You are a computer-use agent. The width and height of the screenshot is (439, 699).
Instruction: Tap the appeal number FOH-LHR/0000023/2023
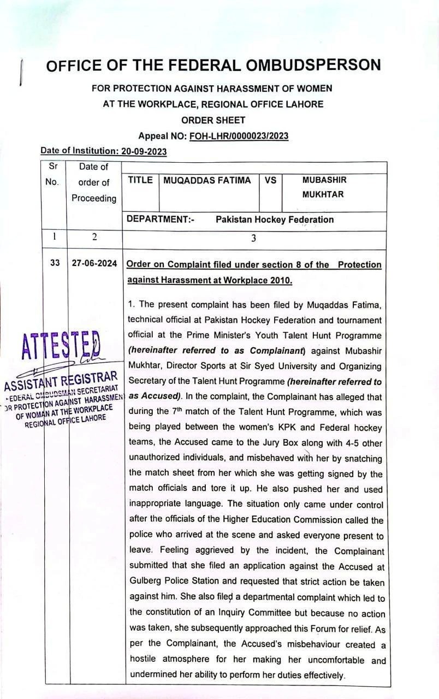[x=239, y=136]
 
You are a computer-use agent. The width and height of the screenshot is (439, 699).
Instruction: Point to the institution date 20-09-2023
[x=143, y=151]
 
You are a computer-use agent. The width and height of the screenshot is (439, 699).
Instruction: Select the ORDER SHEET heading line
[x=213, y=120]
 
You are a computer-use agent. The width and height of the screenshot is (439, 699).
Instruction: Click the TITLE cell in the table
[x=140, y=180]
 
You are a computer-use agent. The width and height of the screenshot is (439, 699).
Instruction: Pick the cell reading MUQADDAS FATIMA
[x=207, y=180]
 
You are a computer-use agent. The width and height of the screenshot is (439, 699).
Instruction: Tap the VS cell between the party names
[x=270, y=180]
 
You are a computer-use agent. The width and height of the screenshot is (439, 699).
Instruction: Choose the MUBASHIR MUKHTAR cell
[x=324, y=187]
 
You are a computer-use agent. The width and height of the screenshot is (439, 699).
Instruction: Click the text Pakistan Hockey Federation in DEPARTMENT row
[x=274, y=220]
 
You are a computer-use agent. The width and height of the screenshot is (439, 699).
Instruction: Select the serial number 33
[x=55, y=263]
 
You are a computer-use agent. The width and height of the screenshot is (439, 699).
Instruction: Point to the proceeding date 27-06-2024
[x=94, y=263]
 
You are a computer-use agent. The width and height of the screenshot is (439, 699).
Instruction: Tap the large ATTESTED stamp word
[x=61, y=345]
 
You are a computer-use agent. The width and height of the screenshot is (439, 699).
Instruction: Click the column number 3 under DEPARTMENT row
[x=253, y=238]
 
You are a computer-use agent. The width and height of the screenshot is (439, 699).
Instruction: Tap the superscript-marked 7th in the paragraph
[x=176, y=413]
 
